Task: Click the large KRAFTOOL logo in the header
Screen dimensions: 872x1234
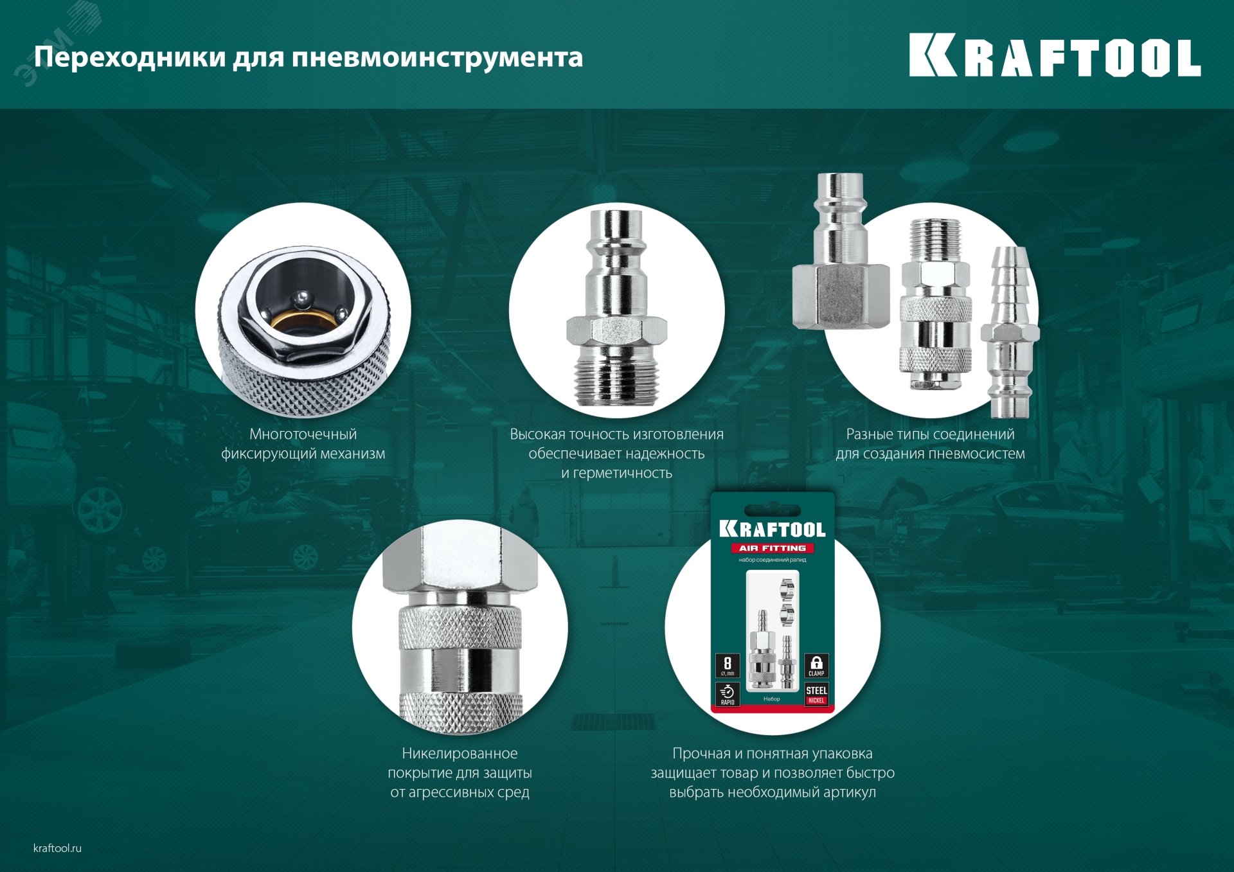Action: point(1054,56)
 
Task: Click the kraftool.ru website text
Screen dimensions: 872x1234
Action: point(57,848)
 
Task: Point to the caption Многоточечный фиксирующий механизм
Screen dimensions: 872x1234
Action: point(303,444)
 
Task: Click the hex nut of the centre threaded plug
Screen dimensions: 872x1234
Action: point(616,330)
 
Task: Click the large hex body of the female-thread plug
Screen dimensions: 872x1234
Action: point(841,296)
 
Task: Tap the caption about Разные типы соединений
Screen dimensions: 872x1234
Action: point(930,444)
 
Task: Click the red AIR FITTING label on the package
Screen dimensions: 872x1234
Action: point(772,548)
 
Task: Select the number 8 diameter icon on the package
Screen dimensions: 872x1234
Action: point(728,666)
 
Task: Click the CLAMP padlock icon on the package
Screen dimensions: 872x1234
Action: point(816,666)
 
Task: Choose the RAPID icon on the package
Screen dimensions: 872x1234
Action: point(728,695)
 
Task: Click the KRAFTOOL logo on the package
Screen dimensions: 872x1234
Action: point(772,529)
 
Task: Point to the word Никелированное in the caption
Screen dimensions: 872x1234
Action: point(460,754)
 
